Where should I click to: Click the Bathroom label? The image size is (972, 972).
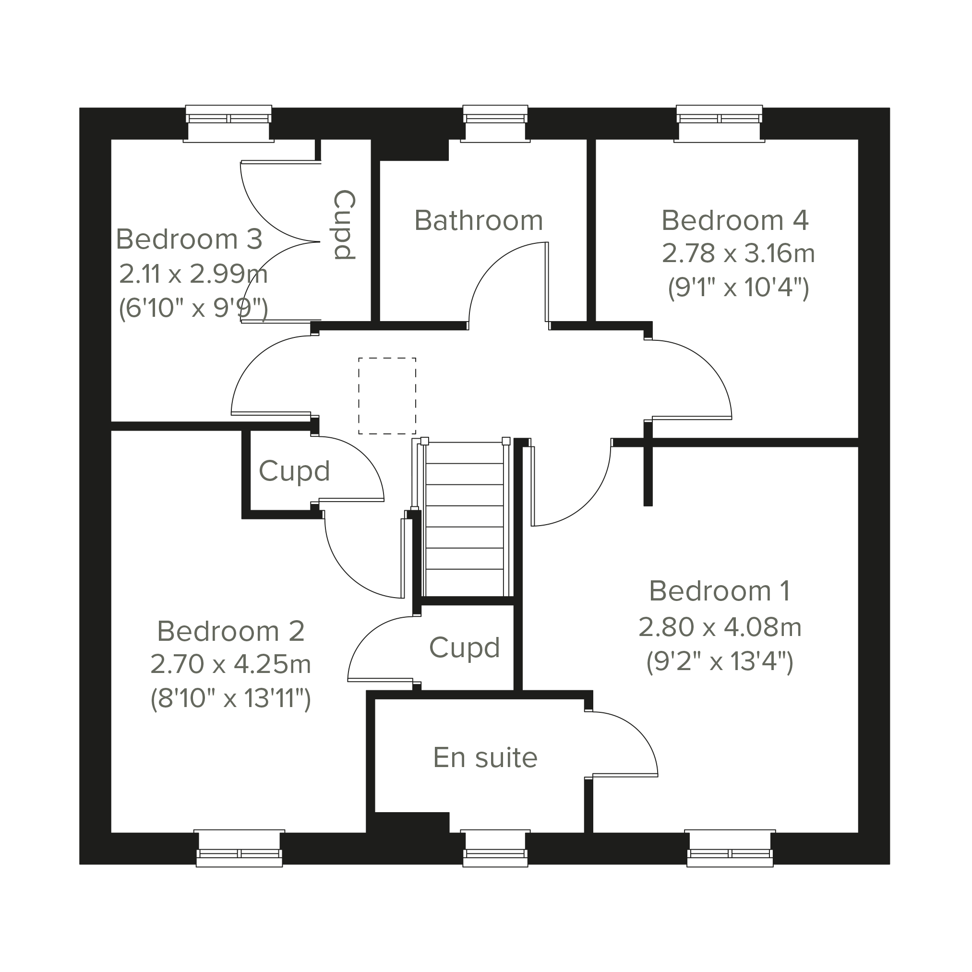pyautogui.click(x=479, y=220)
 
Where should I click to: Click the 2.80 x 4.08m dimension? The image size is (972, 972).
pyautogui.click(x=720, y=627)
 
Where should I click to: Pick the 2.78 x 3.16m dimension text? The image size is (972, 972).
pyautogui.click(x=738, y=253)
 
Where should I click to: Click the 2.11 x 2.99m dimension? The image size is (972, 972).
pyautogui.click(x=193, y=274)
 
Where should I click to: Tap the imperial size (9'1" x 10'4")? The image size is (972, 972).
pyautogui.click(x=738, y=288)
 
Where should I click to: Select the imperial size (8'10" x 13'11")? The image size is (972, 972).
pyautogui.click(x=231, y=699)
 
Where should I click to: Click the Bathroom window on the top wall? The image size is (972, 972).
pyautogui.click(x=495, y=124)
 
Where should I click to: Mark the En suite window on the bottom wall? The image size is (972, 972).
pyautogui.click(x=495, y=848)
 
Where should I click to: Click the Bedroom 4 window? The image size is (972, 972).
pyautogui.click(x=719, y=124)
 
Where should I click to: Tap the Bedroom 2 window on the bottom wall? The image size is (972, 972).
pyautogui.click(x=239, y=848)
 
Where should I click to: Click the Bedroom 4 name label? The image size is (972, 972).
pyautogui.click(x=734, y=220)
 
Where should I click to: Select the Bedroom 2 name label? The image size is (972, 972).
pyautogui.click(x=231, y=631)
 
